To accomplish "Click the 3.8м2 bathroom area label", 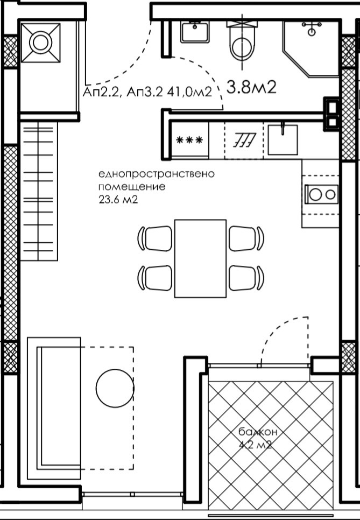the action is click(x=252, y=88).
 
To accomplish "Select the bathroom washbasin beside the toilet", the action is click(x=195, y=32).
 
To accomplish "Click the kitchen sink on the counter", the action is click(x=283, y=139).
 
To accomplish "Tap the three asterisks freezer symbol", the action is click(x=189, y=140).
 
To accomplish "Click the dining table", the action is click(x=200, y=258).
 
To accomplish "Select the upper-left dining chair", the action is click(x=155, y=238).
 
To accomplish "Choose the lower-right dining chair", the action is click(x=246, y=278).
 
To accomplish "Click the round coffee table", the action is click(x=115, y=388).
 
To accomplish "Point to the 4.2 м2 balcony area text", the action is click(x=255, y=445).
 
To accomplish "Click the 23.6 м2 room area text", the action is click(x=118, y=200).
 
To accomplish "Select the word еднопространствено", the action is click(x=157, y=174).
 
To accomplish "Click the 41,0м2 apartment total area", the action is click(x=189, y=92).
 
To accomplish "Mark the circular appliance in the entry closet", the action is click(x=41, y=43).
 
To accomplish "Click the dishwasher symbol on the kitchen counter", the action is click(x=245, y=140).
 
